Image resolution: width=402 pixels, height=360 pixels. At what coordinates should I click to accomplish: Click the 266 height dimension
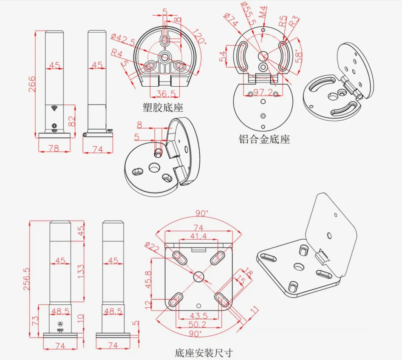tap(32, 84)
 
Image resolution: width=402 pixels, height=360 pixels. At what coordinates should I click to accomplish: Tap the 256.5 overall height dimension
tap(26, 279)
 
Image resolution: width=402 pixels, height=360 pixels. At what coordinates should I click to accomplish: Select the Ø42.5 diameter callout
tap(123, 40)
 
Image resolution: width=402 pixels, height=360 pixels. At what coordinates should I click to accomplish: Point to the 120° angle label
tap(199, 37)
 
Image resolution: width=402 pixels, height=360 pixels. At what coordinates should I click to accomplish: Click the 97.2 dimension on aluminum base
tap(263, 92)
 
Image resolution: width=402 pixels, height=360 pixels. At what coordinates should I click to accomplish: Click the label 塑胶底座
tap(163, 107)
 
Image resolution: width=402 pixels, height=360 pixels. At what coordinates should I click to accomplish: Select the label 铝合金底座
tap(264, 139)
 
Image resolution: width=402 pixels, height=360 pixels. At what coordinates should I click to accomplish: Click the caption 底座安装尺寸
tap(204, 353)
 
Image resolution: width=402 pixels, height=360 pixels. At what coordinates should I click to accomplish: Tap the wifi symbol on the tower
tap(54, 108)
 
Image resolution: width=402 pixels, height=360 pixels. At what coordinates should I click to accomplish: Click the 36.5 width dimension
tap(166, 94)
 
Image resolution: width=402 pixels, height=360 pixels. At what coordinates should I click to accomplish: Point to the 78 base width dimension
tap(53, 148)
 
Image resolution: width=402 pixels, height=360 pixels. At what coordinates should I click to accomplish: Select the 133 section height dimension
tap(80, 272)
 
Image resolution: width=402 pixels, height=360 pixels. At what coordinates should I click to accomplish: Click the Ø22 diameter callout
tap(152, 247)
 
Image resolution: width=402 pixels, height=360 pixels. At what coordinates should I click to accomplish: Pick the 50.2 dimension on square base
tap(198, 324)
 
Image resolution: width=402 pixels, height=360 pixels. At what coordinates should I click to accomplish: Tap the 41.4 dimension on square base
tap(198, 236)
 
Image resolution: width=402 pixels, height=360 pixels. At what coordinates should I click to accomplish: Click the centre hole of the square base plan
tap(199, 276)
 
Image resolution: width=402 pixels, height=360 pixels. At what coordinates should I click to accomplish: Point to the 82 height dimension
tap(72, 121)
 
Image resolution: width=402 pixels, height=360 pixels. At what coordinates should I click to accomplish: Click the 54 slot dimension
tap(223, 56)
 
